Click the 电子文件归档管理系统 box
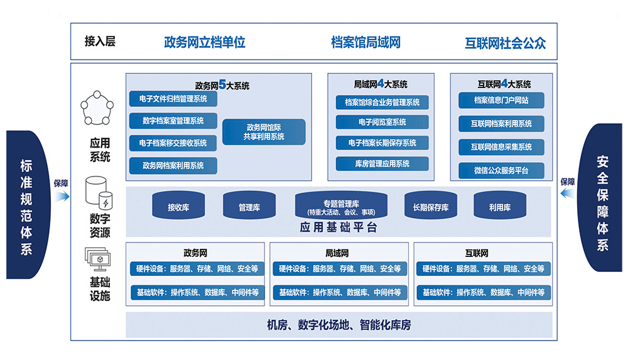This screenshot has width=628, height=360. (173, 99)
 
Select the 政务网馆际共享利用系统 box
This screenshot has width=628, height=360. (264, 132)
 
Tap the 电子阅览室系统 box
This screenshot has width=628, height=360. (382, 122)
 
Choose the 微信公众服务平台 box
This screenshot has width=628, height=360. (501, 170)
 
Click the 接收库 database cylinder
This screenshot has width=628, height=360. (178, 205)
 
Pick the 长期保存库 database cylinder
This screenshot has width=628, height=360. (430, 205)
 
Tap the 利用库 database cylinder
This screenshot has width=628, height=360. (499, 205)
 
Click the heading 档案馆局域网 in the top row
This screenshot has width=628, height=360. (365, 42)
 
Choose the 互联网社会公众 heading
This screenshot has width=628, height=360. (505, 43)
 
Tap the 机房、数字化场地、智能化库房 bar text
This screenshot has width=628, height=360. (338, 325)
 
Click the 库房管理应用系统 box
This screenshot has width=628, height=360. (382, 163)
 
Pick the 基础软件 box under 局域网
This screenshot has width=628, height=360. (339, 292)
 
